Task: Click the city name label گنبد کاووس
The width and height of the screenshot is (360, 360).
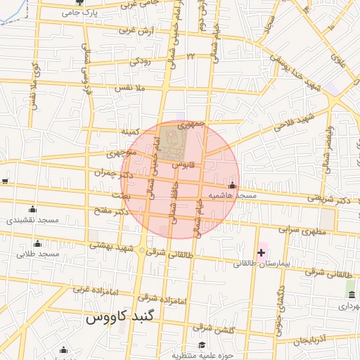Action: (120, 318)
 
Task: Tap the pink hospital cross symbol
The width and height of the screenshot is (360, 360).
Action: (262, 252)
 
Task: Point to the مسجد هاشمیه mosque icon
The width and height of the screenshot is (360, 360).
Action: (232, 186)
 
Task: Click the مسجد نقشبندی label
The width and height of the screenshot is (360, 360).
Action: (32, 220)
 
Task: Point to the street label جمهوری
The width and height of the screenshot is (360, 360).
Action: (191, 124)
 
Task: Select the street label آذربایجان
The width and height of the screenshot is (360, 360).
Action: (310, 340)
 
